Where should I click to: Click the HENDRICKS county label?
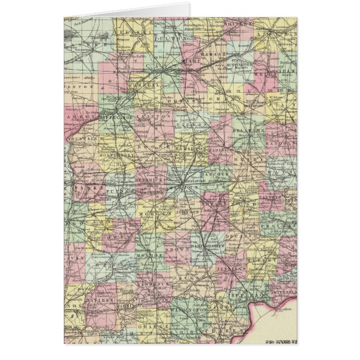[149, 183]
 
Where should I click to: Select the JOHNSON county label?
[188, 212]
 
